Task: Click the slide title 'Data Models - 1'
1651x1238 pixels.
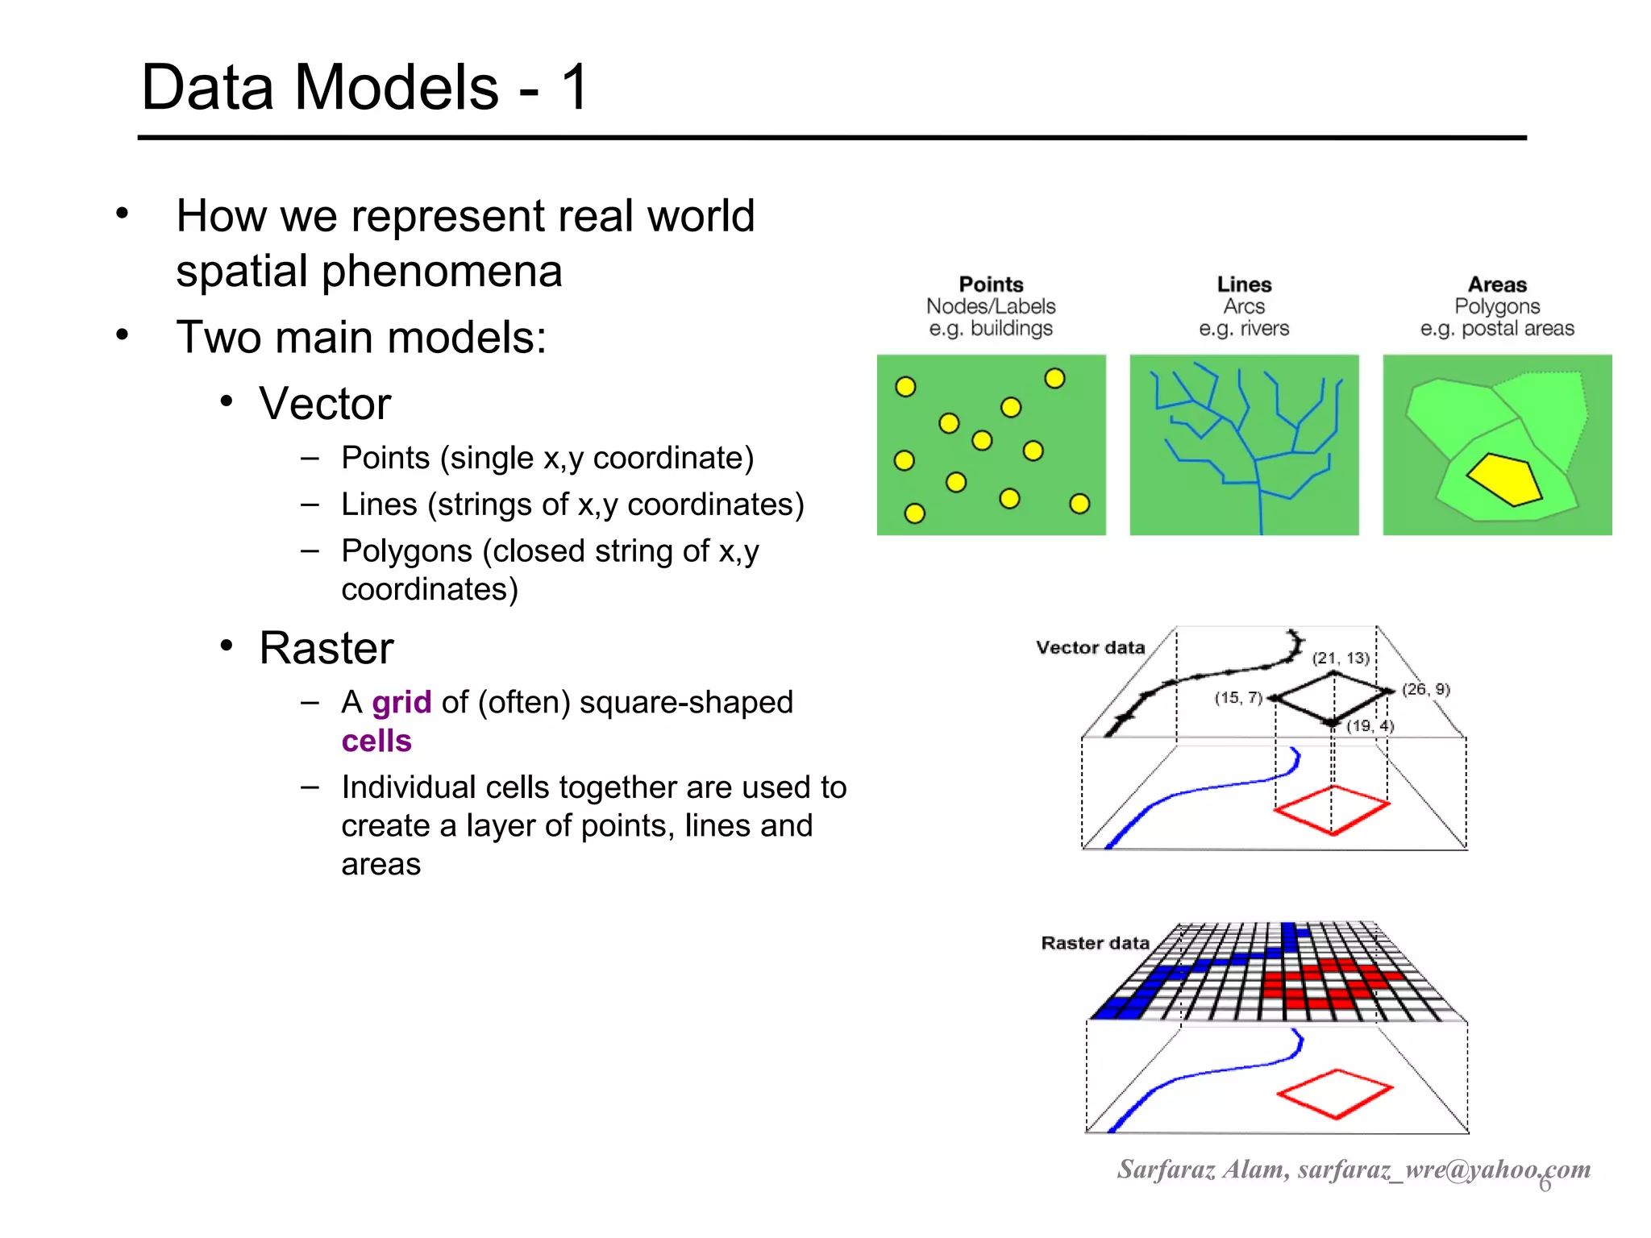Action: click(364, 87)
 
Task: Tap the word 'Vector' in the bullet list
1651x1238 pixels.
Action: click(325, 403)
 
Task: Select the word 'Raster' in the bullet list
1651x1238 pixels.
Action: click(326, 648)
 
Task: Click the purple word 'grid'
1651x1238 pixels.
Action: click(401, 703)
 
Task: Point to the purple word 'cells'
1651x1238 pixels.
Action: click(376, 742)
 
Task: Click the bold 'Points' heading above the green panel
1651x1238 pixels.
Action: click(991, 285)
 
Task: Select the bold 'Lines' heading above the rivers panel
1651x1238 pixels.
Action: click(1244, 285)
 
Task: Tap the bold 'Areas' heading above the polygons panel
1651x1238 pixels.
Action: click(1497, 285)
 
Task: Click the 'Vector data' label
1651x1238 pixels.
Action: click(1090, 648)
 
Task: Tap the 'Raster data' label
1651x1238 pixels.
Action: click(1095, 943)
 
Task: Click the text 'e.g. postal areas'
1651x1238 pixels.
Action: click(1497, 329)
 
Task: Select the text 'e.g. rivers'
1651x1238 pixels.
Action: click(1244, 329)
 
